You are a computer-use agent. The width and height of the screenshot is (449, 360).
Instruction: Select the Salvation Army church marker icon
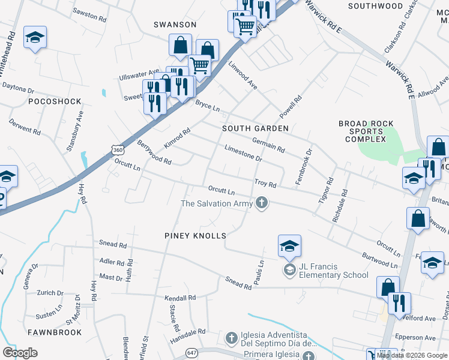[261, 203]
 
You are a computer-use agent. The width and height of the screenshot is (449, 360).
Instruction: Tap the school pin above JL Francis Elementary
[289, 246]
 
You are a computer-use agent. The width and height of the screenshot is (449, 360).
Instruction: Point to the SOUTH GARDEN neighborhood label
[255, 128]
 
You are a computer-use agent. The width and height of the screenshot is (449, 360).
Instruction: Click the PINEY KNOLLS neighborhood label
[195, 236]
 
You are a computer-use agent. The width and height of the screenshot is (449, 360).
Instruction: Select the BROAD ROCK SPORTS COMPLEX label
[366, 131]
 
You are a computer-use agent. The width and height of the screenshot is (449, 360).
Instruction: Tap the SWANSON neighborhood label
[175, 25]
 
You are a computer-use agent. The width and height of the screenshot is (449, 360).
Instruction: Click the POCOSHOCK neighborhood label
[55, 101]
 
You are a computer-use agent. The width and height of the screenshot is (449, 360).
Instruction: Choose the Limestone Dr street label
[243, 154]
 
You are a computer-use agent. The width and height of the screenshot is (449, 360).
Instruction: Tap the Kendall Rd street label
[181, 298]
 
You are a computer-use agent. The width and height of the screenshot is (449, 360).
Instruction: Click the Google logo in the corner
[20, 352]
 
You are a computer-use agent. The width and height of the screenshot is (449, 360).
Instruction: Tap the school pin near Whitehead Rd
[35, 38]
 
